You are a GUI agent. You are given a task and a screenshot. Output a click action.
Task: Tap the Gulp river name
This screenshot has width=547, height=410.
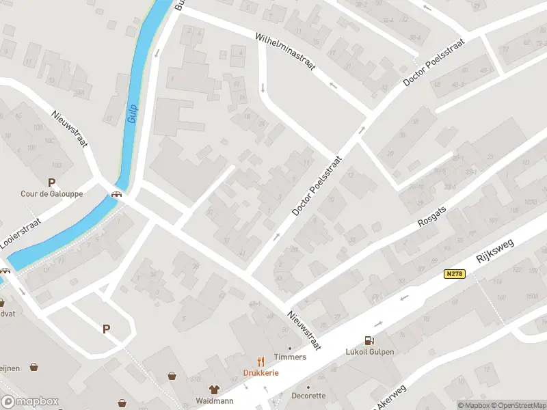133,113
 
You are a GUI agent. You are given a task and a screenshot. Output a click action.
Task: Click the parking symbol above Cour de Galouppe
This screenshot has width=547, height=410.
51,182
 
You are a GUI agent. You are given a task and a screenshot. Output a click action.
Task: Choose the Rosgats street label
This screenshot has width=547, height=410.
432,217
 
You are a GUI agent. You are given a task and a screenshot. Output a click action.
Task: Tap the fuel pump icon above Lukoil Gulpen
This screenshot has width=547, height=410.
369,340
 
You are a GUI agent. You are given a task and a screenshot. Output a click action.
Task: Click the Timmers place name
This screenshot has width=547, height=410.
290,357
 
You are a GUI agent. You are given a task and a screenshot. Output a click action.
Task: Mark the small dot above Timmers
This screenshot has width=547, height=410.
290,348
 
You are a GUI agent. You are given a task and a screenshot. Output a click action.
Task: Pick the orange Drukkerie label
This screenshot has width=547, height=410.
261,372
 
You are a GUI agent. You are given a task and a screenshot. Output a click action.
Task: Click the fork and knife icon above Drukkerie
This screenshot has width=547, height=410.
261,361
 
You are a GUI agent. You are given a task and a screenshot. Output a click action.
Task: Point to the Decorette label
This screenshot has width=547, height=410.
308,396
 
